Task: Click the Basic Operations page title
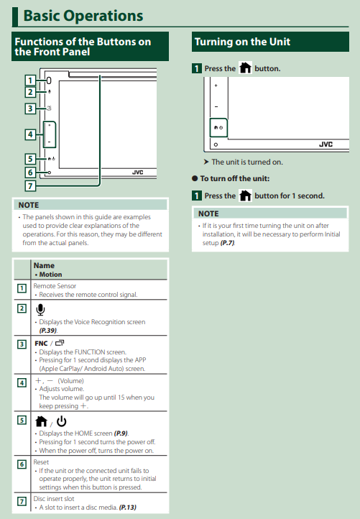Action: pos(83,16)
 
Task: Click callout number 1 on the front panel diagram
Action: pos(30,81)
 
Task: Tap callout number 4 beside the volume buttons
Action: pos(30,134)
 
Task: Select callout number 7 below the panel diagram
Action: pos(30,185)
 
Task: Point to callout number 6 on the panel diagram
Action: pos(30,172)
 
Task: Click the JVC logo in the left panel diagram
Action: pos(138,172)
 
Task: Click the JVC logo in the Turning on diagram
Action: pos(326,144)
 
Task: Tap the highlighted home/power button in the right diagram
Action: pos(218,127)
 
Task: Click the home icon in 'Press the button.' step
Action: pos(245,68)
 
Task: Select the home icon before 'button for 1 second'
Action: pos(245,196)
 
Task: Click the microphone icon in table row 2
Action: pos(40,310)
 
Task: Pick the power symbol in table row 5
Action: pos(62,421)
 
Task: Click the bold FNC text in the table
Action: pos(41,344)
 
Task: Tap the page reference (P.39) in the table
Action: pos(48,331)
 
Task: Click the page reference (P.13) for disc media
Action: pos(128,507)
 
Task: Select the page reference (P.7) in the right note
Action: pos(228,243)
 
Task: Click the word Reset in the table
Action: pos(41,461)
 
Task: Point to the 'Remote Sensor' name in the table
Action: pos(55,285)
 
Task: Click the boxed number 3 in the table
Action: pos(22,344)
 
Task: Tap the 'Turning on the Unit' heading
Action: pos(242,42)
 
